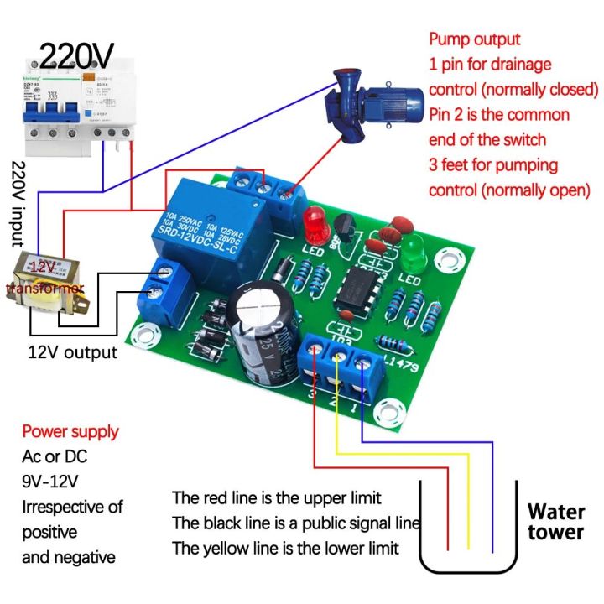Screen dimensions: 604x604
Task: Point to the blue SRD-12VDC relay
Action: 216,220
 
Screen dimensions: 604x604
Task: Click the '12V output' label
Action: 73,352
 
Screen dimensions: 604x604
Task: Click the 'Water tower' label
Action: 555,521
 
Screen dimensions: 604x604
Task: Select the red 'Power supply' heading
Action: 70,432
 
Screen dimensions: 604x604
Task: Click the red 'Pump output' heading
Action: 475,39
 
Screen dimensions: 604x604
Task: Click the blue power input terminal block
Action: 168,290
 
